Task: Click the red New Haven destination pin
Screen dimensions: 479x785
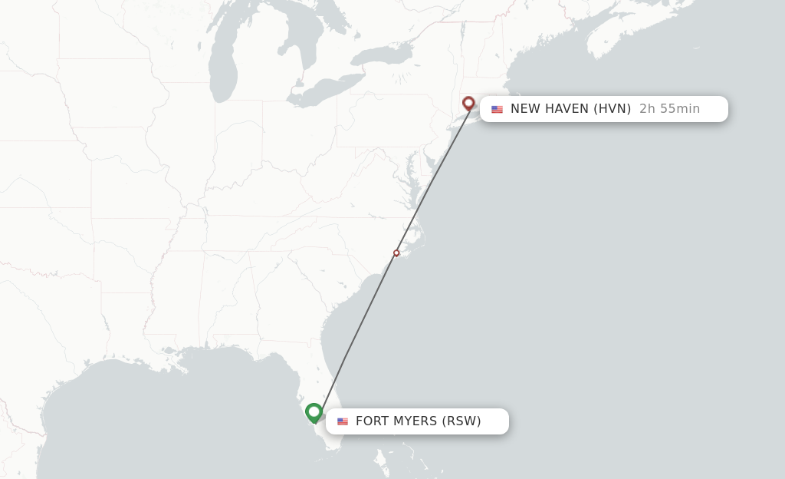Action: pos(468,103)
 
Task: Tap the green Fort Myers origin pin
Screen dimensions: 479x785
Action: pos(314,412)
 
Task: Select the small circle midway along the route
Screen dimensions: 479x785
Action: pos(396,253)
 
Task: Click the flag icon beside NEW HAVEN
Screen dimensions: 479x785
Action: pos(497,109)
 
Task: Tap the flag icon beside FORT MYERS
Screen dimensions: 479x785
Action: pos(342,421)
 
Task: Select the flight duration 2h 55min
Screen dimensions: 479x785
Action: pos(669,109)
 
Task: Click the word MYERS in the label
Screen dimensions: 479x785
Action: pos(415,421)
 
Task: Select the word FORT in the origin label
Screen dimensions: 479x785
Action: pos(371,421)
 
